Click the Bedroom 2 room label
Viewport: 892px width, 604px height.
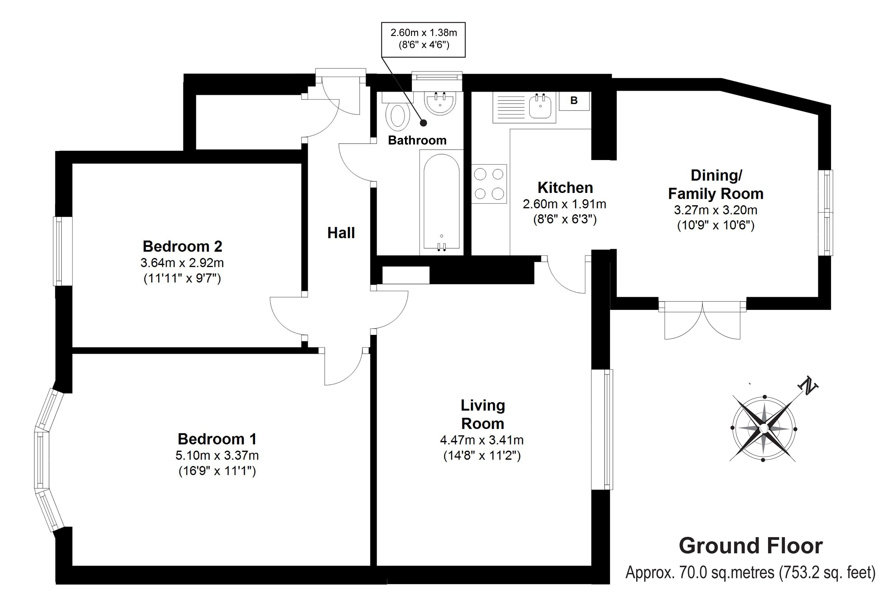182,246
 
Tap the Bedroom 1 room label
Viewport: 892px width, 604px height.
217,439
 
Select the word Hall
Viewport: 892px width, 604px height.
341,233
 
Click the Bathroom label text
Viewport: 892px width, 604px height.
417,140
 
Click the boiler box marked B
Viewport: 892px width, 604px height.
574,101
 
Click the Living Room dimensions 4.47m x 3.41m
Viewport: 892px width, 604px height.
482,440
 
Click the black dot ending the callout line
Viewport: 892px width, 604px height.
423,123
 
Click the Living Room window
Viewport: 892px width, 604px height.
602,429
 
